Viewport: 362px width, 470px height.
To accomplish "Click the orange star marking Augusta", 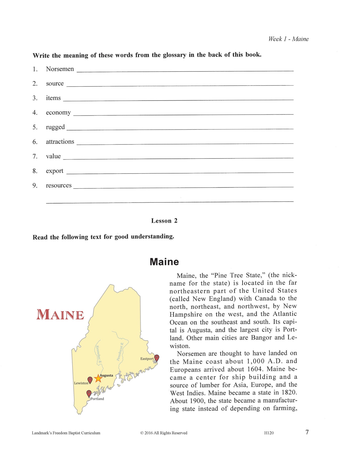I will point(98,378).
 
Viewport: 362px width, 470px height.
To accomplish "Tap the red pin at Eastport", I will point(157,358).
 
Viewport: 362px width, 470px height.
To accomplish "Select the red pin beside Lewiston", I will point(90,380).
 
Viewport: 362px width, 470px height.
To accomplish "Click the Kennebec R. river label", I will point(98,355).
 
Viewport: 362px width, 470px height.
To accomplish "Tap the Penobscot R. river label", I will point(120,351).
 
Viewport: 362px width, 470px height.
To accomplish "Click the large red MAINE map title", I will point(60,315).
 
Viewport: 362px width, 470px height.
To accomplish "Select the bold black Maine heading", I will point(164,262).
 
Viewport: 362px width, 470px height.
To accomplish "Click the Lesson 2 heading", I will point(164,221).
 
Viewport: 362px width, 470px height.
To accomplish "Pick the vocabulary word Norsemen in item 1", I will point(60,69).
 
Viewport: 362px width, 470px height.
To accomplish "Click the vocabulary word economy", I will point(58,112).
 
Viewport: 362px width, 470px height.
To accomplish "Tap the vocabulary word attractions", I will point(60,142).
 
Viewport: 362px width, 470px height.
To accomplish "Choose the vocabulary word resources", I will point(59,185).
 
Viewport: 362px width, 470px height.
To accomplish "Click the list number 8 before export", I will point(35,171).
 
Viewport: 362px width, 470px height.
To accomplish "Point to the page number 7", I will point(307,432).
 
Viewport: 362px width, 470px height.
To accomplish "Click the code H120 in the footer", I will point(269,433).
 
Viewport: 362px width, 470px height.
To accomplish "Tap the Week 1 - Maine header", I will point(288,39).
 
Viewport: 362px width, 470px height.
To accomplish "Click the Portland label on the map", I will point(97,399).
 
